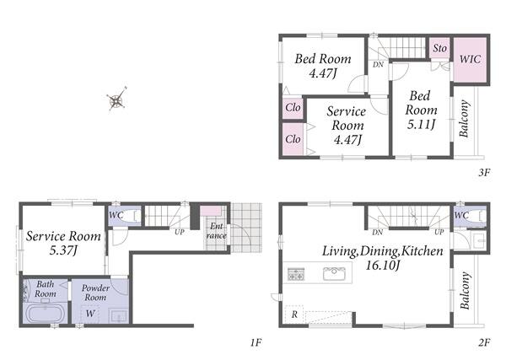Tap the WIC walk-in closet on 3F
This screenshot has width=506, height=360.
tap(470, 60)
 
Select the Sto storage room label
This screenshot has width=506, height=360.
tap(440, 48)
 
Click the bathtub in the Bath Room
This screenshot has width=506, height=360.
tap(46, 314)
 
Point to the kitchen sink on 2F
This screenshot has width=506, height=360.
tap(334, 273)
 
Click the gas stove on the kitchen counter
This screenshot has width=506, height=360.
tap(296, 274)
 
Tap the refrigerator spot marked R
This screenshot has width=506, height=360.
tap(294, 314)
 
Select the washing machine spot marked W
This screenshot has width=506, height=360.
tap(90, 313)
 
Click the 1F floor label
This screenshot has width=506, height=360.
tap(256, 342)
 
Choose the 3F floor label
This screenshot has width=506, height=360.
tap(484, 173)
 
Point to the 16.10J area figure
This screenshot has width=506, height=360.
tap(383, 266)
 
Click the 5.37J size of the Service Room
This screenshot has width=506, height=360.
tap(63, 250)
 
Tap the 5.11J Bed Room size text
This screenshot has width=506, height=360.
tap(421, 124)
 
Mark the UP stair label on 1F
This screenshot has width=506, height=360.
tap(180, 232)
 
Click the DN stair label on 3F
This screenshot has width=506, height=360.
tap(378, 65)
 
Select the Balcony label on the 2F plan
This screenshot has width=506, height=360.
tap(465, 291)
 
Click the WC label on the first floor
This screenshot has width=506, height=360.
tap(116, 215)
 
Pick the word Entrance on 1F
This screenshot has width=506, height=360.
tap(216, 231)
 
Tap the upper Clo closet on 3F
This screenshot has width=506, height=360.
tap(293, 107)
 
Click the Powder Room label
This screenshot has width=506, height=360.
tap(95, 293)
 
